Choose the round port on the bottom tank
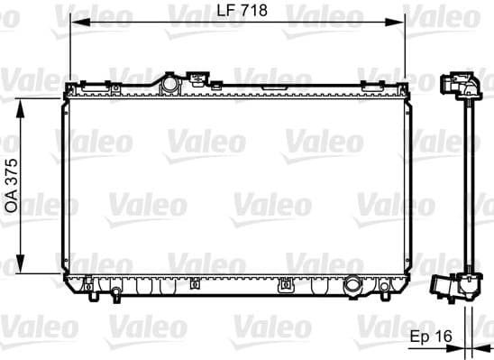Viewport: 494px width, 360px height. (x=354, y=284)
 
